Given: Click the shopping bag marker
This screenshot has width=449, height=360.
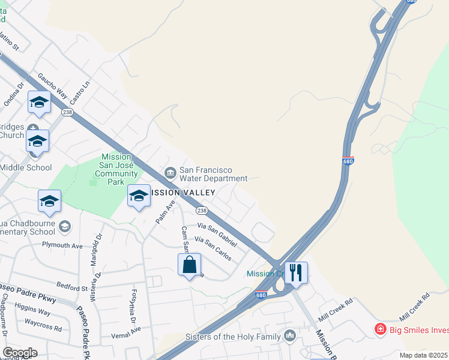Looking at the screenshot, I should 189,265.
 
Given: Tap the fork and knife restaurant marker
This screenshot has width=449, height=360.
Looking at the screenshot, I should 295,272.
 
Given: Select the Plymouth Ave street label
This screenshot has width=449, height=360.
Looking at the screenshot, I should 62,245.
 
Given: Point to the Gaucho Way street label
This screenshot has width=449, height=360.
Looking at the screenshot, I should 52,85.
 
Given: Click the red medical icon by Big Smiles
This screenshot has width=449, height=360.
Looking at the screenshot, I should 379,329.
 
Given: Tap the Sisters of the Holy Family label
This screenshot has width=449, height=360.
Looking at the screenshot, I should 234,337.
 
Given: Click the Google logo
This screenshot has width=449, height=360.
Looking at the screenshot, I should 20,353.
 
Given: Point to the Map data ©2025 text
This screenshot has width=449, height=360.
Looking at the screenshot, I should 423,355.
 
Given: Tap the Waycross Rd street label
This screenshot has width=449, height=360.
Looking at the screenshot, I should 43,329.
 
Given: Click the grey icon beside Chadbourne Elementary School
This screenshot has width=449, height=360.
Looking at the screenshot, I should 65,227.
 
